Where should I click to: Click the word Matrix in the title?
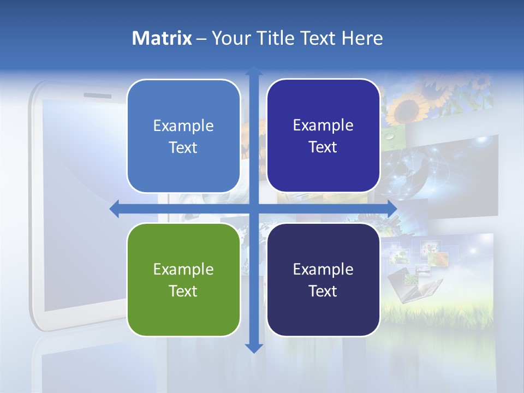pyautogui.click(x=162, y=38)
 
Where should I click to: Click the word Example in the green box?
pyautogui.click(x=183, y=269)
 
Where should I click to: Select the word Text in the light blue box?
pyautogui.click(x=183, y=147)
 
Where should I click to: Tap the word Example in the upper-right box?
pyautogui.click(x=323, y=125)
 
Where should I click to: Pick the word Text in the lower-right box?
pyautogui.click(x=323, y=291)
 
